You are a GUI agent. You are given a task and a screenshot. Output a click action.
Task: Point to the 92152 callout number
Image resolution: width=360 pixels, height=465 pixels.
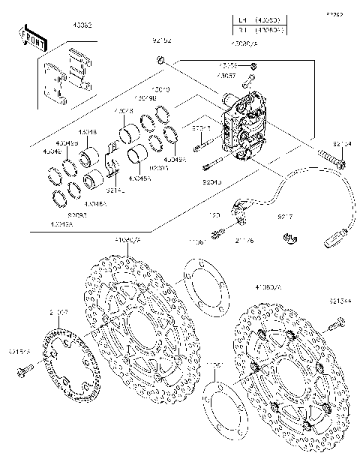click(162, 41)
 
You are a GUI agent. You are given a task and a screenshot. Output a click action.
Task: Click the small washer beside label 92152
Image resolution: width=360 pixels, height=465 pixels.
click(161, 59)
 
